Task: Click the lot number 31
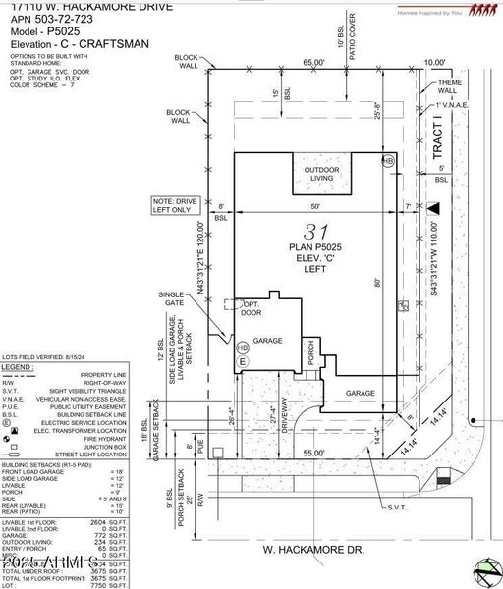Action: [313, 232]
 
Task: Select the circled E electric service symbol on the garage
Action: [241, 363]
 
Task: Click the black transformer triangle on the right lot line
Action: [432, 207]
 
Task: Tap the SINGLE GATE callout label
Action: [172, 300]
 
